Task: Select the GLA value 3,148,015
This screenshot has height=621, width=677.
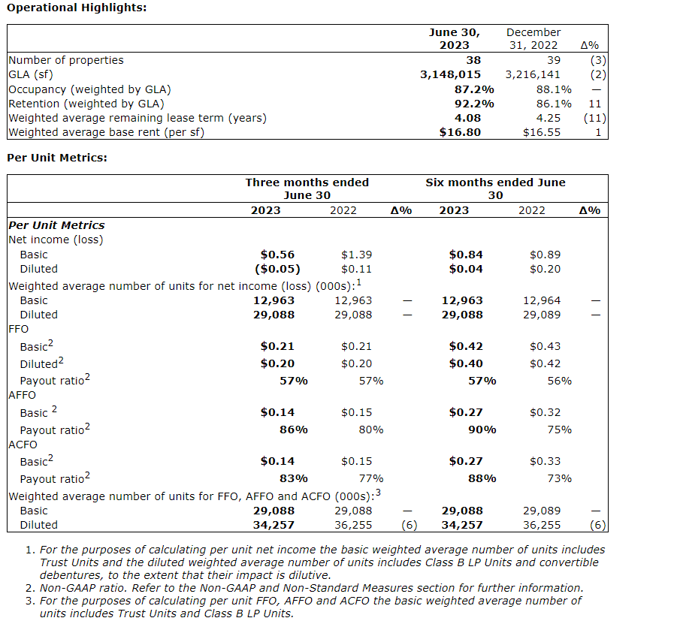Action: [450, 74]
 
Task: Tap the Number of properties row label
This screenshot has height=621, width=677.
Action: [65, 60]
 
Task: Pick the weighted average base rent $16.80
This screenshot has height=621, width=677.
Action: [460, 132]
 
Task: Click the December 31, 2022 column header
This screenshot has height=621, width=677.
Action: [533, 38]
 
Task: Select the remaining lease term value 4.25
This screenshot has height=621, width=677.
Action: [548, 118]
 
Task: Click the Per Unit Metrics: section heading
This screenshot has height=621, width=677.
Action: [56, 158]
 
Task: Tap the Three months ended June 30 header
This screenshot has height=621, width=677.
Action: [307, 188]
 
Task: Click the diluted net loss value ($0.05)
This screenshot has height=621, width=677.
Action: [277, 269]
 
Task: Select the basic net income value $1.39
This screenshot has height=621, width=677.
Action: [356, 255]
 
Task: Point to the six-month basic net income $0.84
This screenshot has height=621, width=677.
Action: [466, 255]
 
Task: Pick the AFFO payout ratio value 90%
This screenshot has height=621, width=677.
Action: [482, 430]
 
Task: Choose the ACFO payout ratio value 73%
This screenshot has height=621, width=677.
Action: [559, 478]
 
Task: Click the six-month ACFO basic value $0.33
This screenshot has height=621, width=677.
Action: [545, 461]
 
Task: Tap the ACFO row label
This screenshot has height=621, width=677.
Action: [22, 444]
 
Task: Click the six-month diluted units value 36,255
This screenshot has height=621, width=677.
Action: [541, 525]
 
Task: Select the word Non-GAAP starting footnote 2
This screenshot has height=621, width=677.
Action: [67, 588]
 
